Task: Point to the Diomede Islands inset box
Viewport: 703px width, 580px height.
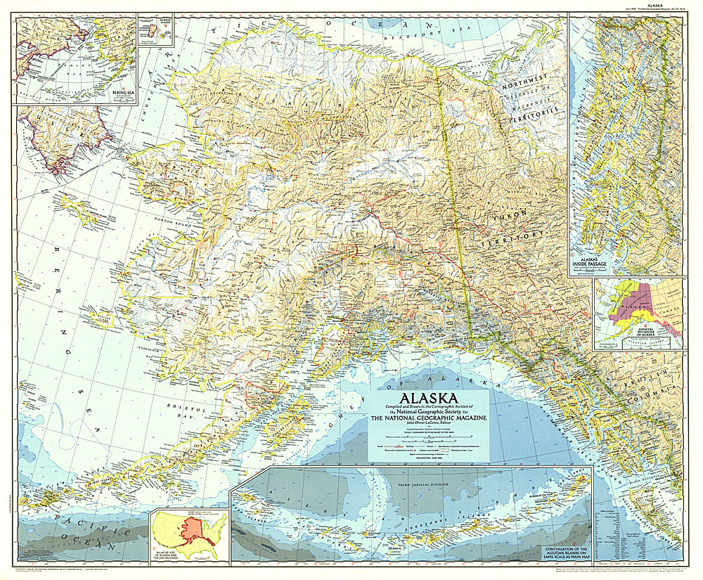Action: coord(155,32)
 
